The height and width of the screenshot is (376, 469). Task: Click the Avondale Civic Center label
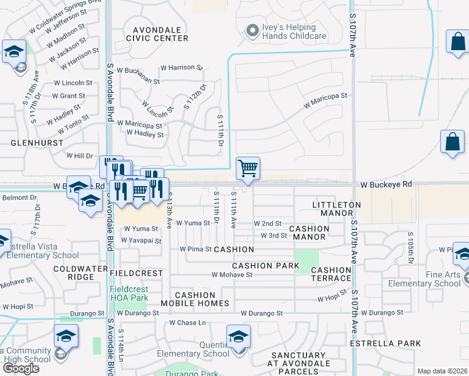pyautogui.click(x=157, y=34)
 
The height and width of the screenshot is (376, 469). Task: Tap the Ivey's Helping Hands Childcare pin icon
pyautogui.click(x=253, y=30)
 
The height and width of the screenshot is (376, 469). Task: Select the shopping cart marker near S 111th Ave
pyautogui.click(x=248, y=168)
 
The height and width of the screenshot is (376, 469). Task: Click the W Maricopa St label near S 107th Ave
pyautogui.click(x=325, y=100)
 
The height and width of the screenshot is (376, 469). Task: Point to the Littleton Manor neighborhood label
pyautogui.click(x=337, y=209)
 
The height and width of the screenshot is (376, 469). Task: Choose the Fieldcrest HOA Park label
pyautogui.click(x=128, y=293)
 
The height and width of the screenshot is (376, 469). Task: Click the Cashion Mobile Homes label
pyautogui.click(x=195, y=299)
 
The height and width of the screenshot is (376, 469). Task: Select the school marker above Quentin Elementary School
pyautogui.click(x=238, y=337)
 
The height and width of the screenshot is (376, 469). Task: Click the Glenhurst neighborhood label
pyautogui.click(x=37, y=143)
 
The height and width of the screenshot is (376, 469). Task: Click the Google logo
pyautogui.click(x=21, y=368)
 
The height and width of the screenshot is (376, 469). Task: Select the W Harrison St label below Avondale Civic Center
pyautogui.click(x=182, y=67)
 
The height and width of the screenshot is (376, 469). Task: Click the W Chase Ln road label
pyautogui.click(x=187, y=323)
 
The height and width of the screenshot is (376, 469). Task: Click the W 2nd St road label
pyautogui.click(x=268, y=224)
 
